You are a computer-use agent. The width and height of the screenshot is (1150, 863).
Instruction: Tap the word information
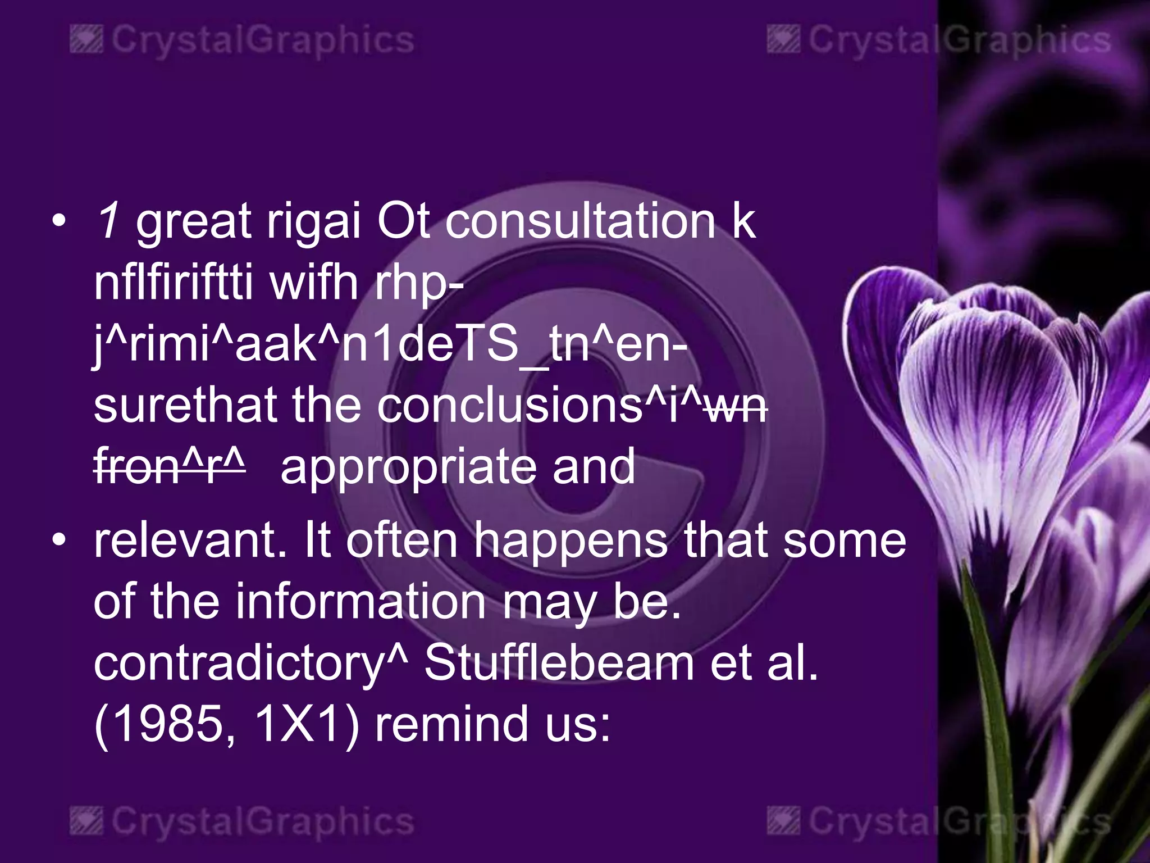click(x=360, y=602)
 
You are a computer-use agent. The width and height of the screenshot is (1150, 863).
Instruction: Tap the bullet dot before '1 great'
click(x=58, y=221)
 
